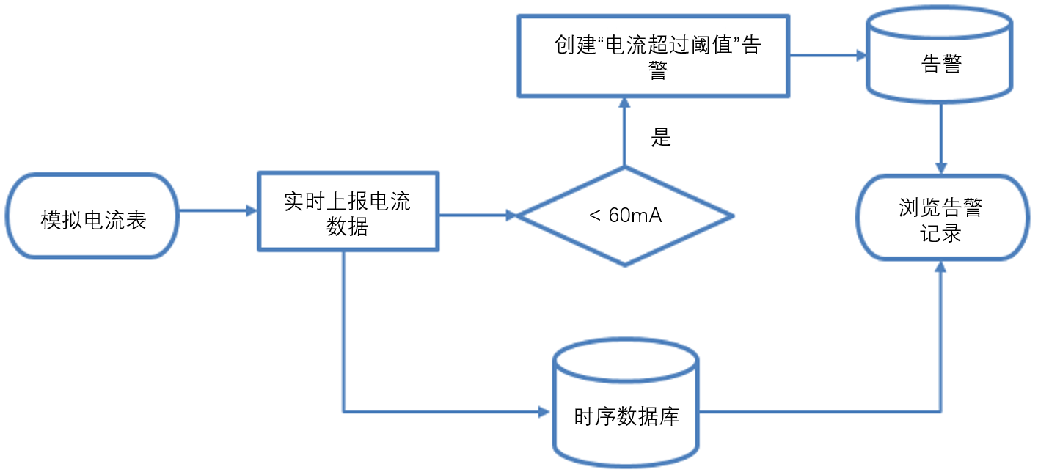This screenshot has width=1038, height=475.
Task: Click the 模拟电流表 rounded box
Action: pyautogui.click(x=93, y=216)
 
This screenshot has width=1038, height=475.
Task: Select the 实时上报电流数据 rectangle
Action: pyautogui.click(x=348, y=212)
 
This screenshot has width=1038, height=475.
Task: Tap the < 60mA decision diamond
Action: pyautogui.click(x=625, y=216)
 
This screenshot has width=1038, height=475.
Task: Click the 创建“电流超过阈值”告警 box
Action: pyautogui.click(x=654, y=56)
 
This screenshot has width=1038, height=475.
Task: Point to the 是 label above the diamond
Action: pyautogui.click(x=661, y=138)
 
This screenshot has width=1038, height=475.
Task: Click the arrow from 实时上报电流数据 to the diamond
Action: pyautogui.click(x=478, y=216)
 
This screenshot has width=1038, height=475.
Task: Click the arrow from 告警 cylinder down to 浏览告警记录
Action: pyautogui.click(x=941, y=139)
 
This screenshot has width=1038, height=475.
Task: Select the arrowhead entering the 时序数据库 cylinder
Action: pyautogui.click(x=544, y=411)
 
